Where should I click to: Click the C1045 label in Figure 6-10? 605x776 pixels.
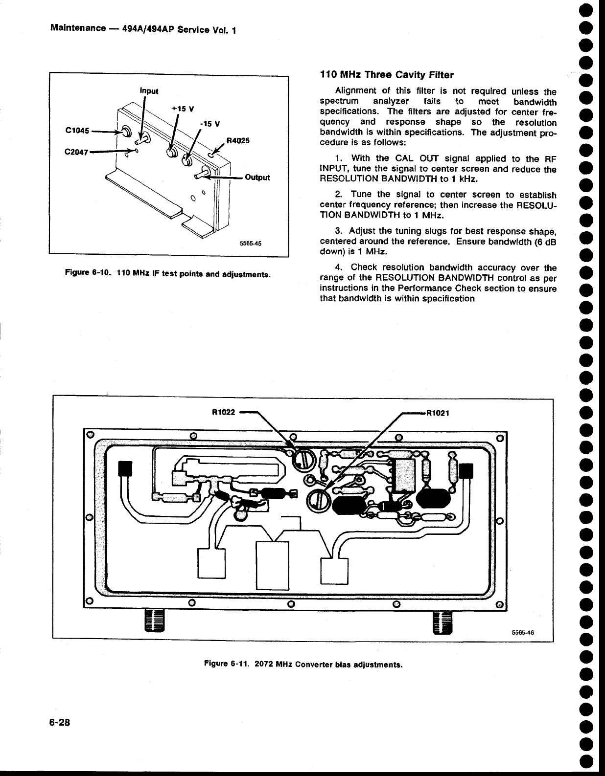click(77, 131)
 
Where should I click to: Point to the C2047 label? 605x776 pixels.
click(76, 151)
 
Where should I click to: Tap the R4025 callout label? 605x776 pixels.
click(238, 141)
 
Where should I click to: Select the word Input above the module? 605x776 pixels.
click(149, 90)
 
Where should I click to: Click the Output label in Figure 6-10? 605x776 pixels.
click(257, 177)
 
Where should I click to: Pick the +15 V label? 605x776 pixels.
click(182, 109)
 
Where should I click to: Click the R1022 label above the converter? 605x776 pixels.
click(224, 412)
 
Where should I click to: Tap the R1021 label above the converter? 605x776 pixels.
click(439, 412)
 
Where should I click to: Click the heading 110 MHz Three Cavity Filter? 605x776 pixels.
click(386, 75)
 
